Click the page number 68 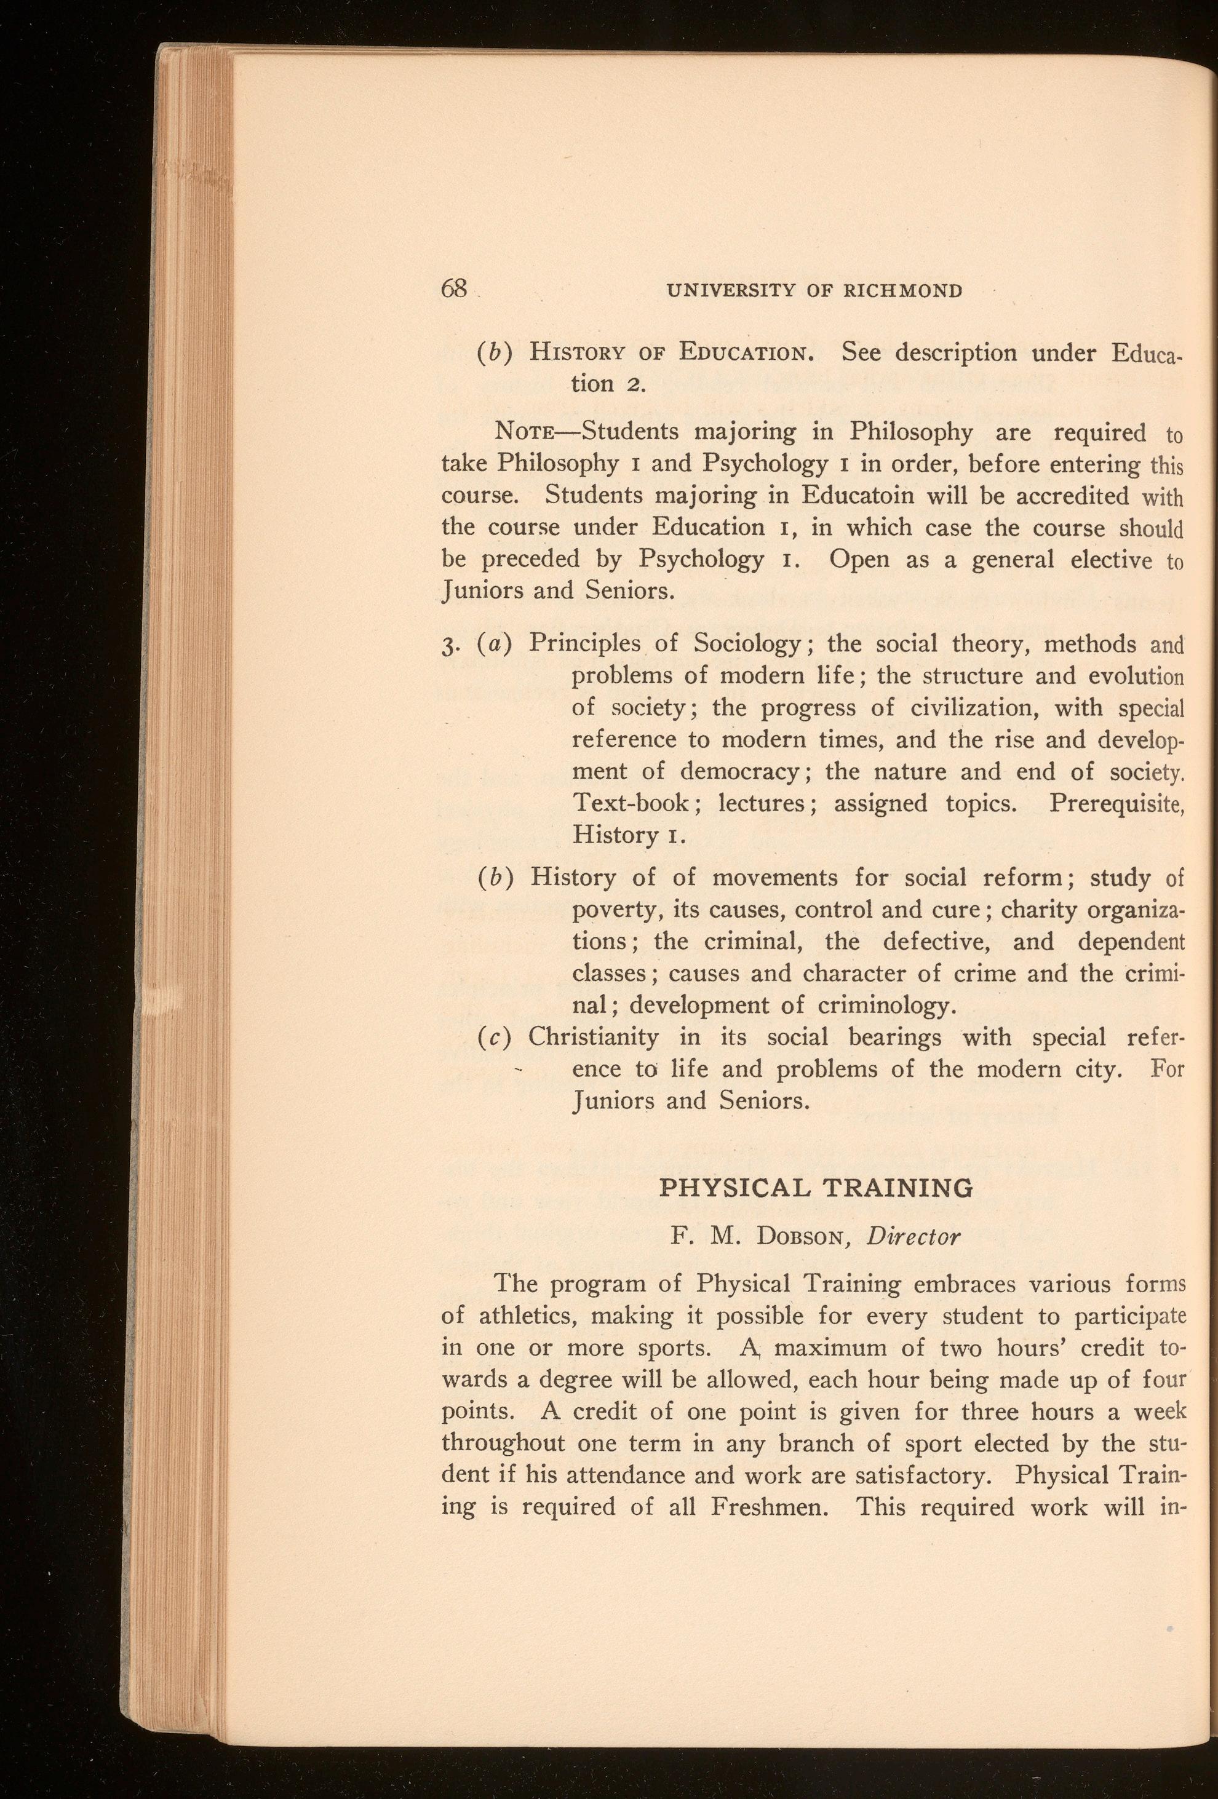455,288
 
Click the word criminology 884,1006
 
